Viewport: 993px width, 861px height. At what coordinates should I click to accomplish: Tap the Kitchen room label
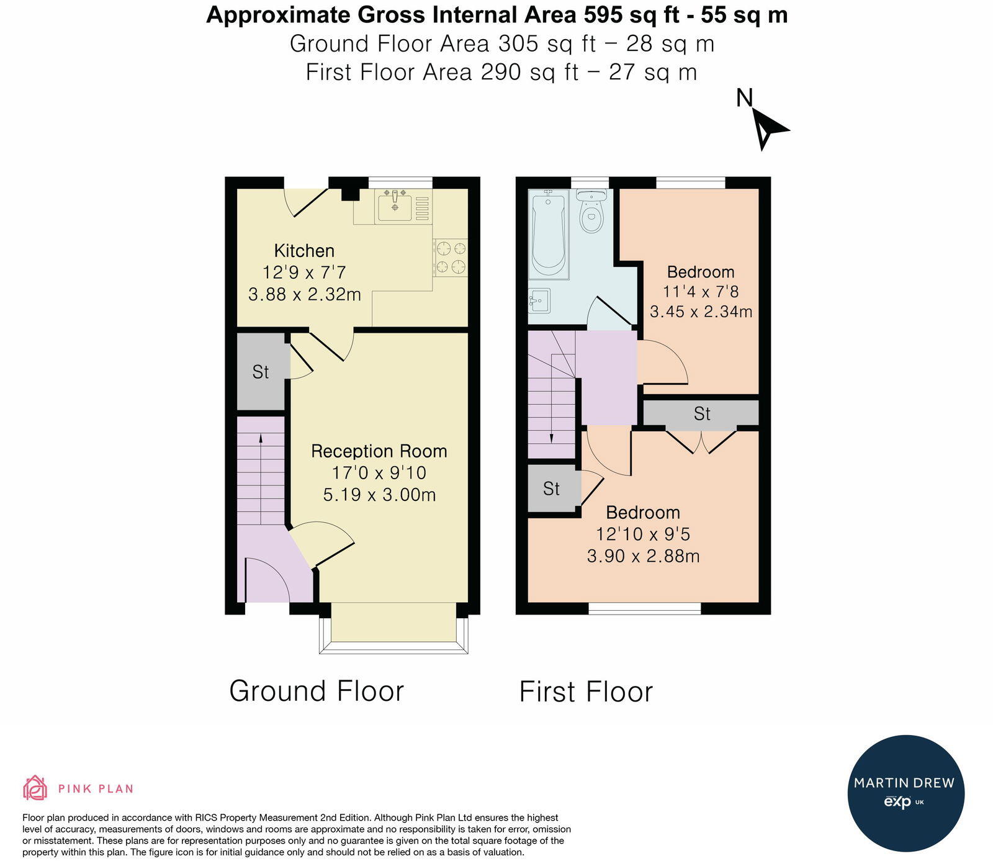pos(304,251)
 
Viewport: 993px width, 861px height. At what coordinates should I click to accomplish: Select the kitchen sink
pos(393,207)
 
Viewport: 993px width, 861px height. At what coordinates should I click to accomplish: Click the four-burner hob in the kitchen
pos(451,258)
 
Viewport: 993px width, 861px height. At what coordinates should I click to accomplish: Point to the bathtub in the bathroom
pos(549,234)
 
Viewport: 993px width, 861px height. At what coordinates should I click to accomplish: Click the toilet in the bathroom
pos(591,212)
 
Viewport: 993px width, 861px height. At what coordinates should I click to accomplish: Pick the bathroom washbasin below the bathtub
pos(539,301)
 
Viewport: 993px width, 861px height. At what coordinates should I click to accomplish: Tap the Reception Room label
pos(379,451)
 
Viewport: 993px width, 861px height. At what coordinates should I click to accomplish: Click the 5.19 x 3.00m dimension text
pos(379,495)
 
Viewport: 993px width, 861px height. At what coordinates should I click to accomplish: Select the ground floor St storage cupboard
pos(261,372)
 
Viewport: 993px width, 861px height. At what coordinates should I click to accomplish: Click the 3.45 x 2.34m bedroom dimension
pos(701,312)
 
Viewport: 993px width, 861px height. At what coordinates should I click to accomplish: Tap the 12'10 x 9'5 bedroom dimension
pos(643,534)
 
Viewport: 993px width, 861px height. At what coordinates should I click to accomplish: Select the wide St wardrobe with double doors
pos(701,413)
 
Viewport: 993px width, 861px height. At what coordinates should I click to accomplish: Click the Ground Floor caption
pos(317,691)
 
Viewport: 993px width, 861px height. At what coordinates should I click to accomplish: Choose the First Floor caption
pos(586,692)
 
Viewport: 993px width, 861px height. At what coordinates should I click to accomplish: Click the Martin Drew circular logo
pos(905,793)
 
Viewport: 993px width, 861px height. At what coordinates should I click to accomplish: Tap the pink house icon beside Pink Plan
pos(35,788)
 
